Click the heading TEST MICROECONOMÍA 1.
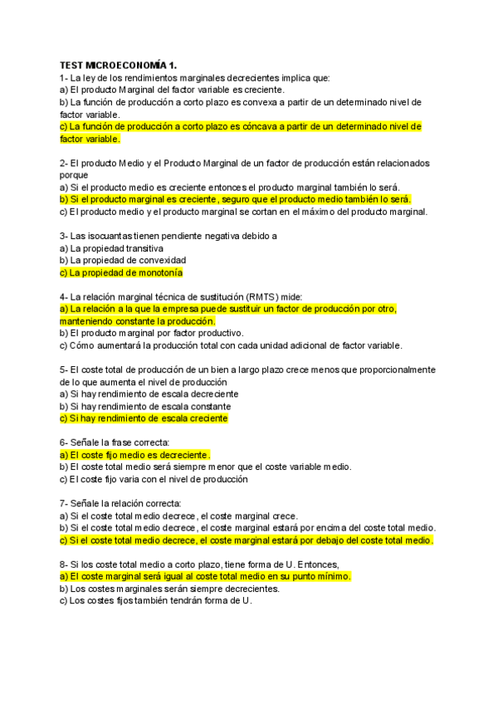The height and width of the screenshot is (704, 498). click(x=119, y=65)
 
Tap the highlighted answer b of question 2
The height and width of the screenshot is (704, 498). click(x=236, y=199)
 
